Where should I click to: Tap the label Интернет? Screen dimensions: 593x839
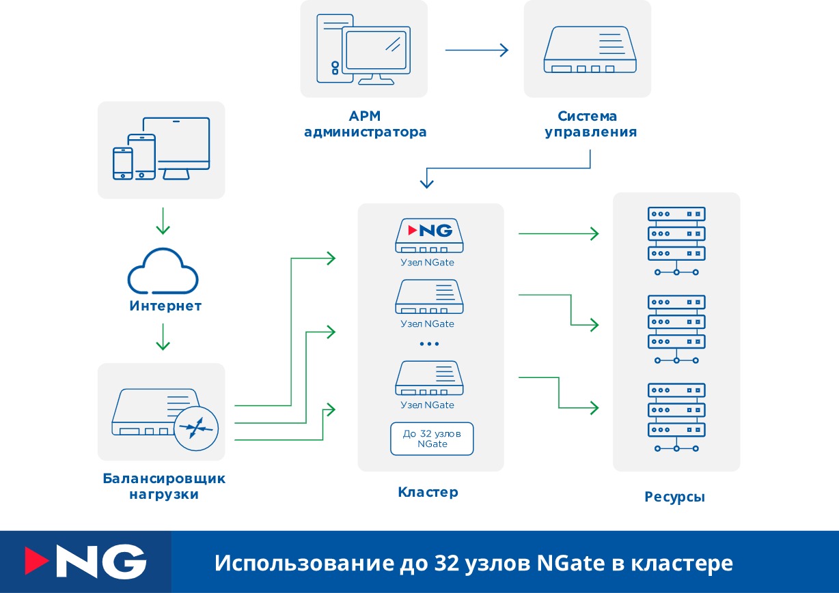click(x=165, y=306)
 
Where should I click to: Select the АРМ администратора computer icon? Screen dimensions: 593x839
click(x=363, y=48)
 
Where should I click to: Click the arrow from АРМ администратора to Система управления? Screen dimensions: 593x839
click(x=476, y=50)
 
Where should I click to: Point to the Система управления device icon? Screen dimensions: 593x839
click(x=590, y=50)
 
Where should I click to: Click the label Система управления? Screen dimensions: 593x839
click(x=590, y=124)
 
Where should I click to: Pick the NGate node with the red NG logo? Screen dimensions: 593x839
click(x=428, y=235)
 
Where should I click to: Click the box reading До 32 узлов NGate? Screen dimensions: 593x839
click(x=431, y=439)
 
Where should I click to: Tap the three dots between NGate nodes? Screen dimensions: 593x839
click(x=429, y=343)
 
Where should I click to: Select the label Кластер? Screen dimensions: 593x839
click(x=428, y=492)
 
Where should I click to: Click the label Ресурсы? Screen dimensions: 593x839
click(x=674, y=497)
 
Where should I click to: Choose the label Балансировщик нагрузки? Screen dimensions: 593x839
click(x=164, y=486)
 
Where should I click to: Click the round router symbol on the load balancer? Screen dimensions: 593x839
click(x=196, y=429)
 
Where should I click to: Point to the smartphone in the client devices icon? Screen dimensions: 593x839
click(x=123, y=164)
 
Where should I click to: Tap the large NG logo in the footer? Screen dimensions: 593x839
click(x=85, y=562)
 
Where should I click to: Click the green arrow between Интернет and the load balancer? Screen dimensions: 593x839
click(x=163, y=336)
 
